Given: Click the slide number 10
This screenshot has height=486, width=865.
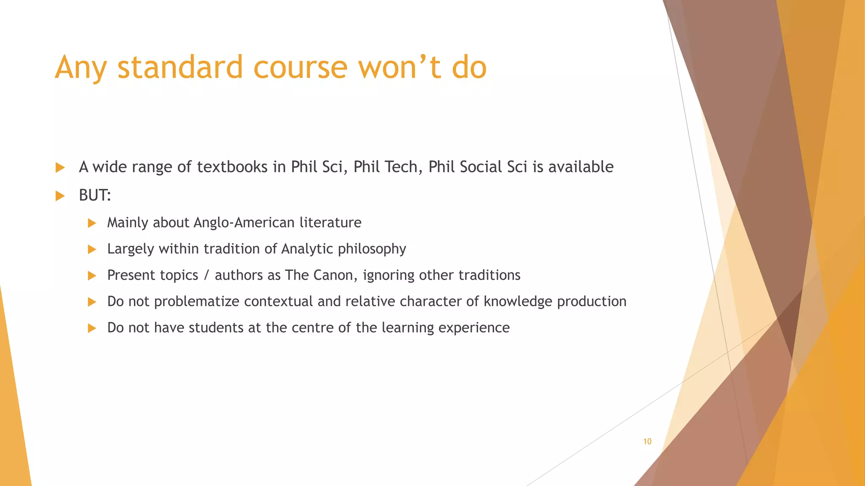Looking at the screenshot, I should click(x=647, y=441).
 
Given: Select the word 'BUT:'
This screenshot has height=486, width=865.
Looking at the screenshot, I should click(x=95, y=195).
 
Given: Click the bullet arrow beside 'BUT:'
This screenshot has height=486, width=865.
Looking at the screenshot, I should click(x=60, y=196).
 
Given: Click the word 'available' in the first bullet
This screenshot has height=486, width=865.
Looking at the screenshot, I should click(x=581, y=167).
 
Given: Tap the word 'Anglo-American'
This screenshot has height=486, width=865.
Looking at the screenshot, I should click(x=244, y=222).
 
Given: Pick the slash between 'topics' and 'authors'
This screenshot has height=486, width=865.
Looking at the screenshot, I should click(x=206, y=275).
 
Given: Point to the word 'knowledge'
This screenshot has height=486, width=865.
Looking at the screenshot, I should click(x=518, y=301).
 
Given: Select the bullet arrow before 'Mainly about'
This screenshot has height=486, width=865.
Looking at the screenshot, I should click(x=92, y=223).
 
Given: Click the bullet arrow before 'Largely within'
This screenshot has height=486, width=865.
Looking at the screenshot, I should click(x=92, y=249).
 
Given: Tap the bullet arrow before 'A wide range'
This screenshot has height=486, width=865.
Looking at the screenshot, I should click(x=60, y=167).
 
